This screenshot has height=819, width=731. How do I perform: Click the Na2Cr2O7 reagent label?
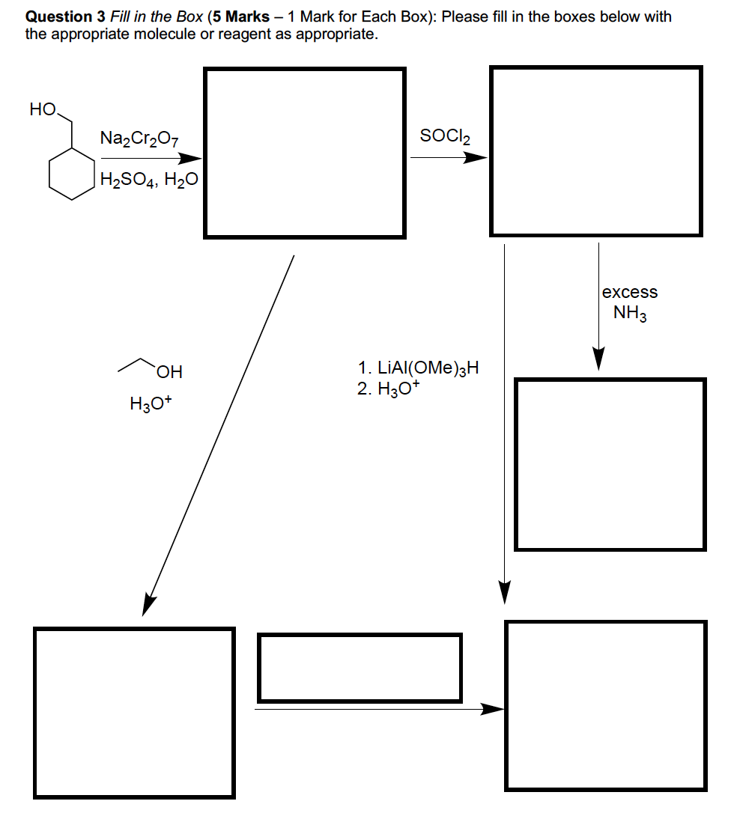click(139, 138)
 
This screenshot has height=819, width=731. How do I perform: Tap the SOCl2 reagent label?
click(446, 137)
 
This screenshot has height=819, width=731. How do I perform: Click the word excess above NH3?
click(630, 292)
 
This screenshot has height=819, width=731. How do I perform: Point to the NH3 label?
click(630, 313)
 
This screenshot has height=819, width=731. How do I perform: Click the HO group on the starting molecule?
click(43, 109)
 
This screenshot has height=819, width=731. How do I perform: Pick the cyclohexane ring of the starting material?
click(72, 174)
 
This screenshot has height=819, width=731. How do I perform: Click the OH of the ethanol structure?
click(170, 371)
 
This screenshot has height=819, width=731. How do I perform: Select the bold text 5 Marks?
click(243, 16)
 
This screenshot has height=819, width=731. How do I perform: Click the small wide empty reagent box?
click(360, 668)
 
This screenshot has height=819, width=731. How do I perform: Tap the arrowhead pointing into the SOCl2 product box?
click(476, 158)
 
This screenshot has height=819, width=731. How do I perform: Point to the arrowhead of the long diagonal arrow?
click(148, 605)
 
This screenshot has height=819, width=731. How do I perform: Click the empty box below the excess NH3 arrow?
click(610, 464)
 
